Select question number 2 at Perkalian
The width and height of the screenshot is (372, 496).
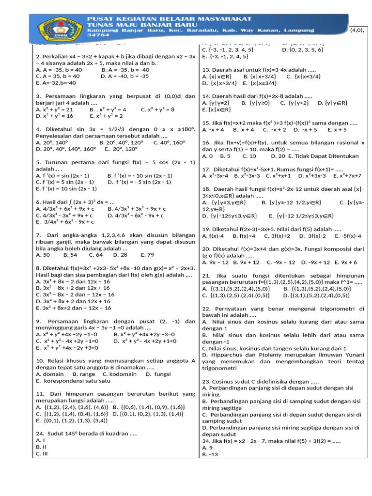[38, 57]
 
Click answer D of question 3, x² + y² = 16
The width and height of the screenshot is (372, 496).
[55, 116]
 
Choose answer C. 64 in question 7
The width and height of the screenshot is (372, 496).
[96, 254]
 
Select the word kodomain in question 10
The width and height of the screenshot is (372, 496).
[122, 374]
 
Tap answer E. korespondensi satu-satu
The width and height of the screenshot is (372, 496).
[73, 381]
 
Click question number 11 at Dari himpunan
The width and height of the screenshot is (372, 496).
[40, 394]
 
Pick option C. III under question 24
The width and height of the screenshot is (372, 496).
[42, 454]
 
